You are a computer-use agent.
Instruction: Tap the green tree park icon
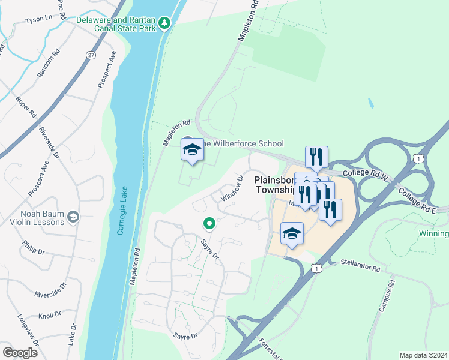point(165,24)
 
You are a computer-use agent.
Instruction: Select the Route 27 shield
point(91,55)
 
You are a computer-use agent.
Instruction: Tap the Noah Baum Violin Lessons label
point(34,217)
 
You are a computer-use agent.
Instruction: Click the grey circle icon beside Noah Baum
point(73,217)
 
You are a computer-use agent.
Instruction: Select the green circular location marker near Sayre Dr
point(209,224)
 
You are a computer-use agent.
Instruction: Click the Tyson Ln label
point(38,19)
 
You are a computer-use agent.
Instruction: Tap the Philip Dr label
point(33,248)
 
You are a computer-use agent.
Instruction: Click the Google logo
point(20,352)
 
